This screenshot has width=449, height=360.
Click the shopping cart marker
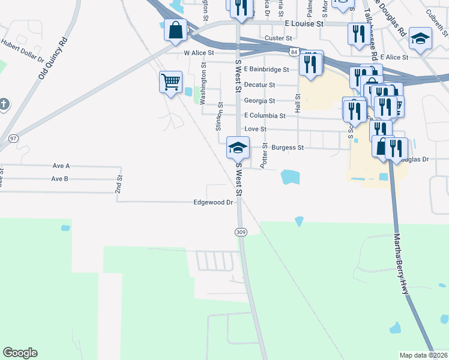pos(171,82)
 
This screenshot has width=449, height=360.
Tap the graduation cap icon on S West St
pos(238,148)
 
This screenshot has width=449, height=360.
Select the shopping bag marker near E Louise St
pos(176,31)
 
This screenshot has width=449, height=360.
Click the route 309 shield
pos(241,232)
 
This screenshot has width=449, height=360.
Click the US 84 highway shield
pos(294,52)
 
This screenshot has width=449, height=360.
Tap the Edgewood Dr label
pos(212,203)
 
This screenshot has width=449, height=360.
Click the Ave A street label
pos(61,166)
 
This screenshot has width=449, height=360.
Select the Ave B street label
pos(59,179)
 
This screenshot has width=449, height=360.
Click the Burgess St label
pos(288,147)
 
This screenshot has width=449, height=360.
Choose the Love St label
pos(255,130)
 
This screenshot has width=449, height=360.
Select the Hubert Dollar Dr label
pos(22,51)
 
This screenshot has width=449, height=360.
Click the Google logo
pos(20,353)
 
